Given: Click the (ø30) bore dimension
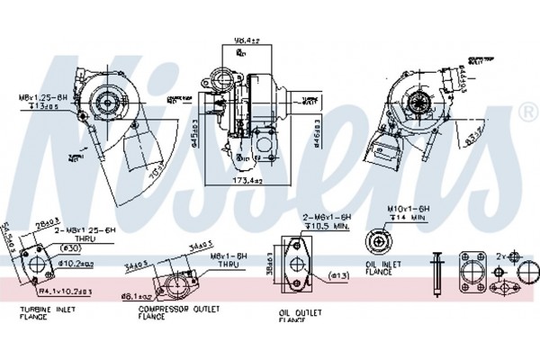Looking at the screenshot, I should click(x=68, y=247).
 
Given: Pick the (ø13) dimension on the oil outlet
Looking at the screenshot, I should click(x=313, y=275).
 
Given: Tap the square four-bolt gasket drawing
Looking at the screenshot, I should click(x=472, y=273).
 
